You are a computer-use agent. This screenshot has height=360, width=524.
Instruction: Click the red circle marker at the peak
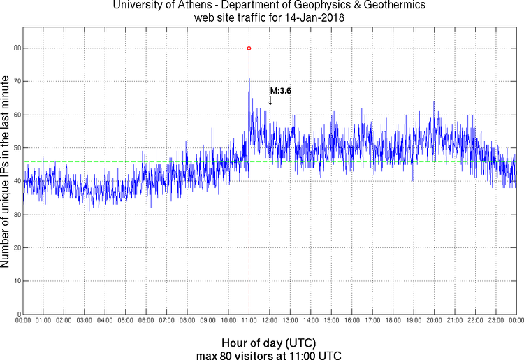coord(249,48)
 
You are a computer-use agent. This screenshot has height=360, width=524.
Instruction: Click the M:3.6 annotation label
coord(280,91)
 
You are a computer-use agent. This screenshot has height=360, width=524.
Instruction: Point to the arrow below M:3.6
coord(270,101)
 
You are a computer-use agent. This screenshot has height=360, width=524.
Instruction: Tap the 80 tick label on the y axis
coord(15,48)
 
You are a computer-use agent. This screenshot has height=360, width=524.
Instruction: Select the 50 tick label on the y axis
coord(15,147)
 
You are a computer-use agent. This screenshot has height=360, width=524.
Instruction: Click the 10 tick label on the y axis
coord(15,281)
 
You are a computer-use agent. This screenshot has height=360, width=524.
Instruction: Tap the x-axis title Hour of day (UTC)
coord(268,343)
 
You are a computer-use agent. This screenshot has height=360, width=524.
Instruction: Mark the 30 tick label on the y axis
coord(15,215)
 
